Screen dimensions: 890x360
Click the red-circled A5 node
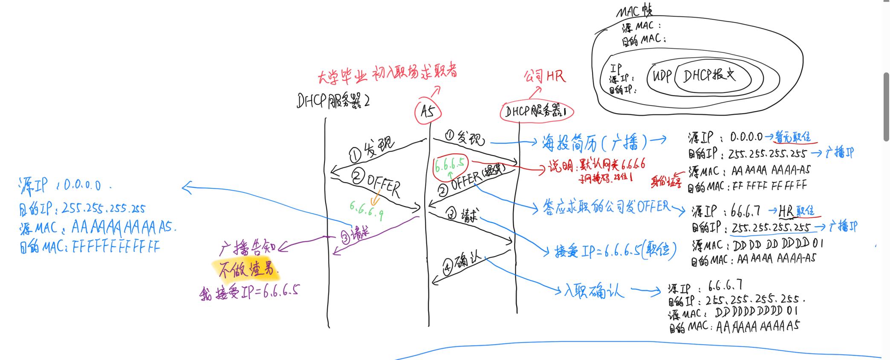[x=428, y=112]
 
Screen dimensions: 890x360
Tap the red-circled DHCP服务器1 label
[x=536, y=112]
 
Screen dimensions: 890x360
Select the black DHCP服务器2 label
[x=333, y=101]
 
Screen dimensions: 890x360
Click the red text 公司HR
[x=544, y=77]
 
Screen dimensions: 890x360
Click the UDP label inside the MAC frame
[x=662, y=76]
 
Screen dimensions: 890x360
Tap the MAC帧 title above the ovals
[x=634, y=10]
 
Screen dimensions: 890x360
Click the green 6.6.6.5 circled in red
[x=450, y=164]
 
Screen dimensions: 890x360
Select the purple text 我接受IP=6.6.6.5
[x=250, y=292]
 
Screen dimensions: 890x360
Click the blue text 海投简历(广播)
[x=595, y=143]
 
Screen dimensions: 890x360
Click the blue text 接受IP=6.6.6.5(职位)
[x=615, y=251]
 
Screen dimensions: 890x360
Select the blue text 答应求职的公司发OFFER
[x=606, y=207]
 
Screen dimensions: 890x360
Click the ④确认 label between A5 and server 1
[x=462, y=263]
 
